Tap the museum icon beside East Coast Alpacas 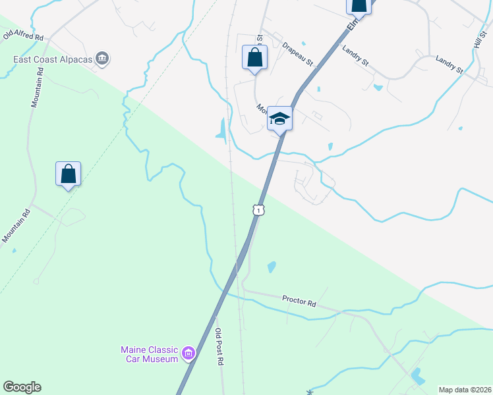click(102, 59)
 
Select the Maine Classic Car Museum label click(150, 354)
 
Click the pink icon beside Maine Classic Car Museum click(188, 354)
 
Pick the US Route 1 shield click(259, 210)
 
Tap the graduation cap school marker click(279, 119)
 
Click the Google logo click(22, 387)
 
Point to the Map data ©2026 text click(465, 389)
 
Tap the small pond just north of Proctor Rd click(271, 267)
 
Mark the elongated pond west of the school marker click(221, 129)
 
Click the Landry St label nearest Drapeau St click(355, 55)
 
